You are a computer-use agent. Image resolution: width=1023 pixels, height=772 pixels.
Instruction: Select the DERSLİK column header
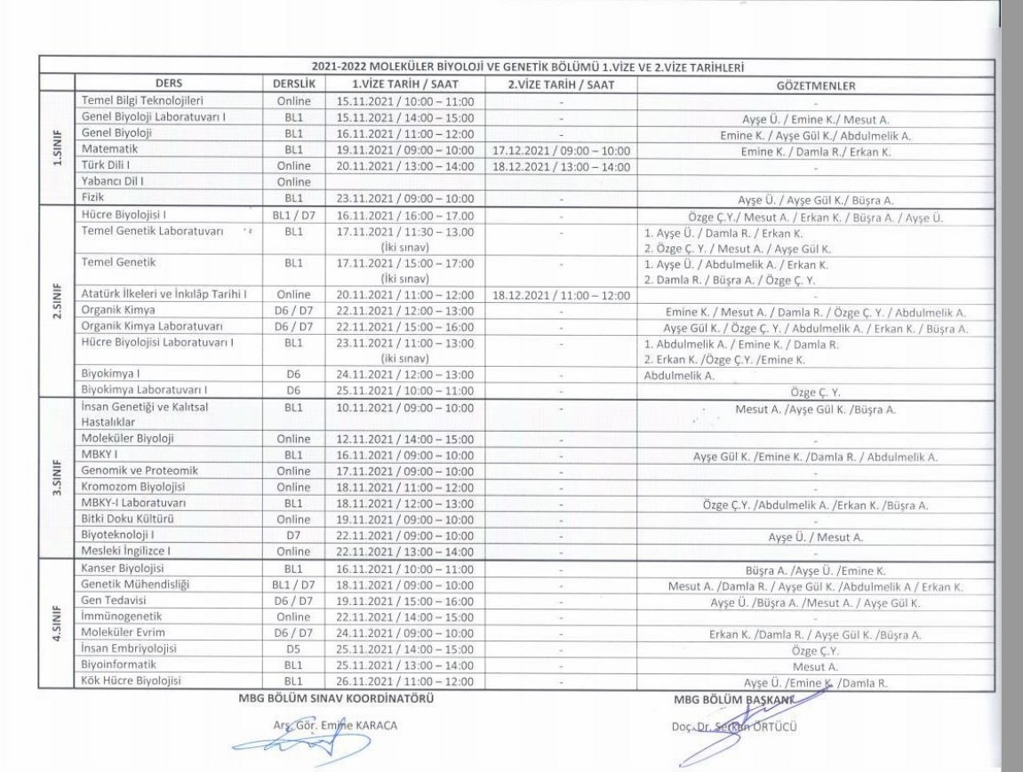coord(287,84)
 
